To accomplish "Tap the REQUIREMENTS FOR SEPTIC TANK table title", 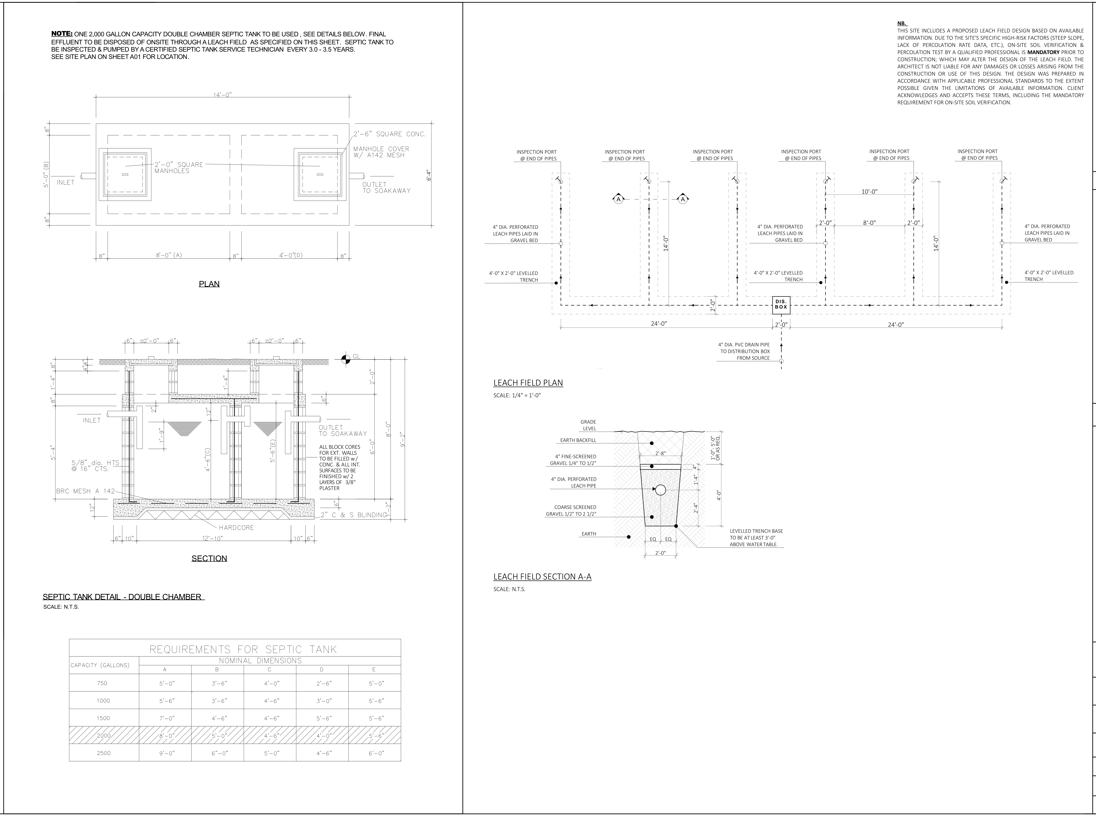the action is click(x=243, y=649).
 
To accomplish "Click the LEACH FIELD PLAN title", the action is click(x=528, y=383).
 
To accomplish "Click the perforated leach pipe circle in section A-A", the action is click(x=660, y=490).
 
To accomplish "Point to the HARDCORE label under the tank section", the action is click(x=236, y=527).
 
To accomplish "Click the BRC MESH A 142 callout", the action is click(x=85, y=491).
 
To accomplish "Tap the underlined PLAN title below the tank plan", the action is click(x=209, y=284).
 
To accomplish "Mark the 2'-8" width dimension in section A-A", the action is click(x=660, y=453).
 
